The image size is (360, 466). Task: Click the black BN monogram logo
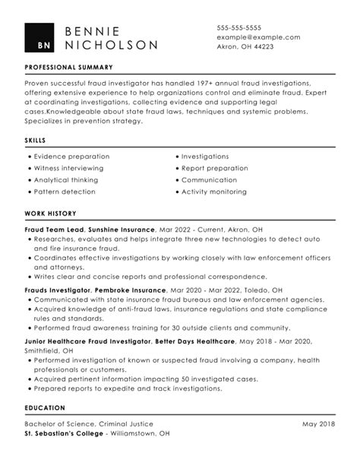[39, 38]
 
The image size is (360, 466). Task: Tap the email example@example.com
[258, 36]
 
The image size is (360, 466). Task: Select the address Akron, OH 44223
[245, 46]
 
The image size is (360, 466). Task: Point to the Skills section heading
[35, 141]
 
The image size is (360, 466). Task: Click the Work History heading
[50, 214]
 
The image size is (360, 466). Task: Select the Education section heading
[45, 407]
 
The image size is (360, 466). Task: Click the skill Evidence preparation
[68, 156]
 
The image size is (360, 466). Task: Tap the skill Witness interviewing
[68, 168]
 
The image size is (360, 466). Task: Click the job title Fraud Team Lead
[54, 228]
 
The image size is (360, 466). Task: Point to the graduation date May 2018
[319, 423]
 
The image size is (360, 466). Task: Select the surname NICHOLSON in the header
[112, 46]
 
